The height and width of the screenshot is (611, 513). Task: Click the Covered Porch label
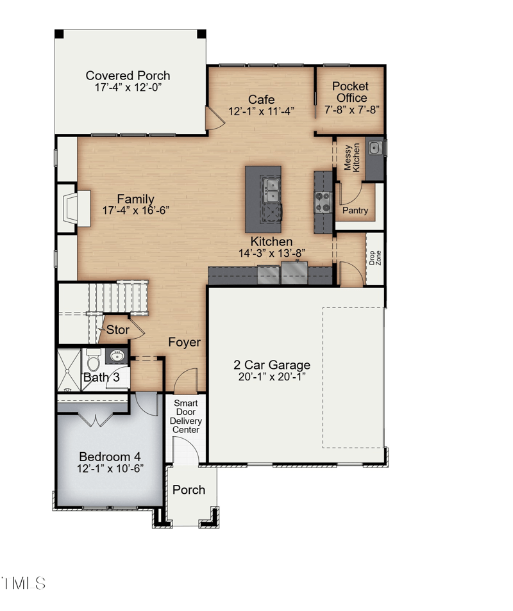(128, 76)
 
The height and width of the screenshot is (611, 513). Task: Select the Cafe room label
(262, 99)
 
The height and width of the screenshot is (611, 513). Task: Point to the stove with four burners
(322, 202)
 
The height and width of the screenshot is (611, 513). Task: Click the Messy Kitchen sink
(374, 149)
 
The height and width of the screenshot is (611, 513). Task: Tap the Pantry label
(355, 210)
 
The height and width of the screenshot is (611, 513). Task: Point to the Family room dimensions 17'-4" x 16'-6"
(135, 211)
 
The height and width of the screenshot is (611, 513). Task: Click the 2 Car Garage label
(272, 366)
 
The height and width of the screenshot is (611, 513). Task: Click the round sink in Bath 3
(118, 355)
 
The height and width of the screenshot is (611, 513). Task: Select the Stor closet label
(117, 330)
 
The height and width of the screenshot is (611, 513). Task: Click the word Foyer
(185, 343)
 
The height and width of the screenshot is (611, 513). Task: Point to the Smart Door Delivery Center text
(187, 416)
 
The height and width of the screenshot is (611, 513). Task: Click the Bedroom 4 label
(110, 457)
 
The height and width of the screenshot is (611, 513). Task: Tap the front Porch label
(189, 490)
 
